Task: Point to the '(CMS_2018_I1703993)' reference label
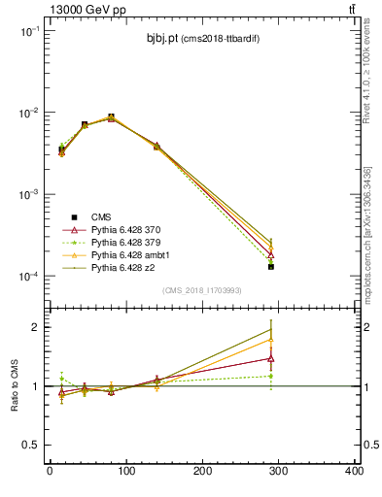point(201,291)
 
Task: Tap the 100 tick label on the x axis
point(125,472)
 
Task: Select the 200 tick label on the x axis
point(202,472)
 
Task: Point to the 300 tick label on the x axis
point(278,472)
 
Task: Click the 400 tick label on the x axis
point(354,472)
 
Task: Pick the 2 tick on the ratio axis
point(37,327)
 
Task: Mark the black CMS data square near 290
point(271,266)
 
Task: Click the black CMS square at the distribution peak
point(111,117)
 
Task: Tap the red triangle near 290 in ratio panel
point(271,358)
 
